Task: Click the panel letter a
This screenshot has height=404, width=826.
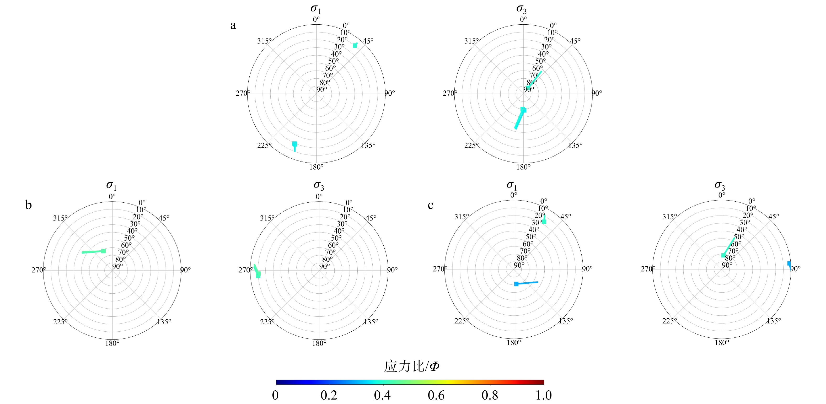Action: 233,25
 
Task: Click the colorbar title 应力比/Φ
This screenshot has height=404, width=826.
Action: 412,366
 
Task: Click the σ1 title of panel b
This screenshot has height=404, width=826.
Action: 111,185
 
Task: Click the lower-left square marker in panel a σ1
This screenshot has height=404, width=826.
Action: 295,144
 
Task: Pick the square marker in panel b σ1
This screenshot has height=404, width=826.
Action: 103,251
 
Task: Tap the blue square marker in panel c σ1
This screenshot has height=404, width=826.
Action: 516,284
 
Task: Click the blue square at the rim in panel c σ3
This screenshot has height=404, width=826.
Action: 789,263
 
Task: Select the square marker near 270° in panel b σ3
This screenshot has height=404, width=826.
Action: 258,274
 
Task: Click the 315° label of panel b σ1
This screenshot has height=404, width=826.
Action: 60,218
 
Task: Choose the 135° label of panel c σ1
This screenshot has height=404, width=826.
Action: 566,321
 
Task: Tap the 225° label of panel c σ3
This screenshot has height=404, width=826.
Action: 670,321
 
